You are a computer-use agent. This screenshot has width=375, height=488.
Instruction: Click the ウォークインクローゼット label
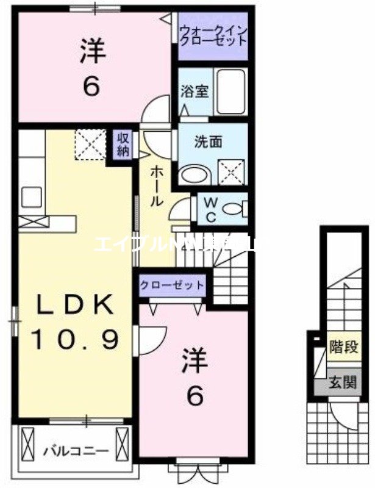(x=213, y=35)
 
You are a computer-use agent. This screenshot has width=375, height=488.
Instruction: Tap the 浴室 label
(x=195, y=92)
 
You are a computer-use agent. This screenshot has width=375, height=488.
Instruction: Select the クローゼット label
(x=172, y=285)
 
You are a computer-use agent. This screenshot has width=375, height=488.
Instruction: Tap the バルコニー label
(x=76, y=452)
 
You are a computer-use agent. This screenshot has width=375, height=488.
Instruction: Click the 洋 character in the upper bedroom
(x=92, y=52)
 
